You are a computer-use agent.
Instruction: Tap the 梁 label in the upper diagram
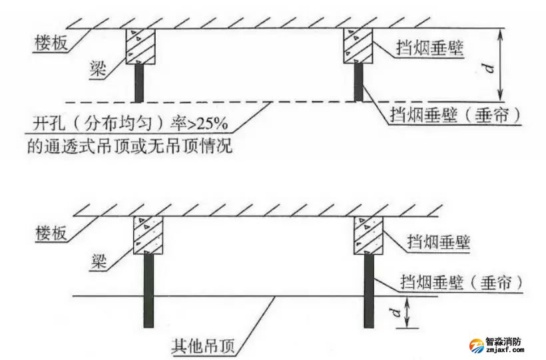99,69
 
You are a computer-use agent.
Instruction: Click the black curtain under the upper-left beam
140,83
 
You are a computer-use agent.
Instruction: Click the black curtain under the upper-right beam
359,83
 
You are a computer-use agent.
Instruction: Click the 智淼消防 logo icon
476,345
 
